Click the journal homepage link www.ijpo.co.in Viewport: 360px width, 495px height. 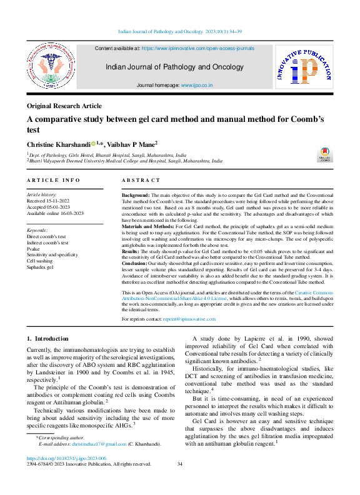(x=197, y=84)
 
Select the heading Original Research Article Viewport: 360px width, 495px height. (x=64, y=106)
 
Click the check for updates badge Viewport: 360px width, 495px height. (x=325, y=155)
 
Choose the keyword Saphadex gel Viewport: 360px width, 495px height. (x=42, y=267)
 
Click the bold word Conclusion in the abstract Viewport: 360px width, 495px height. (x=135, y=263)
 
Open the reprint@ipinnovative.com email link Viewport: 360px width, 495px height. (x=190, y=319)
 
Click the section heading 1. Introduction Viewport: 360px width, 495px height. (x=47, y=339)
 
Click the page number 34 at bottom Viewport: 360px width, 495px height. (x=180, y=481)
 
